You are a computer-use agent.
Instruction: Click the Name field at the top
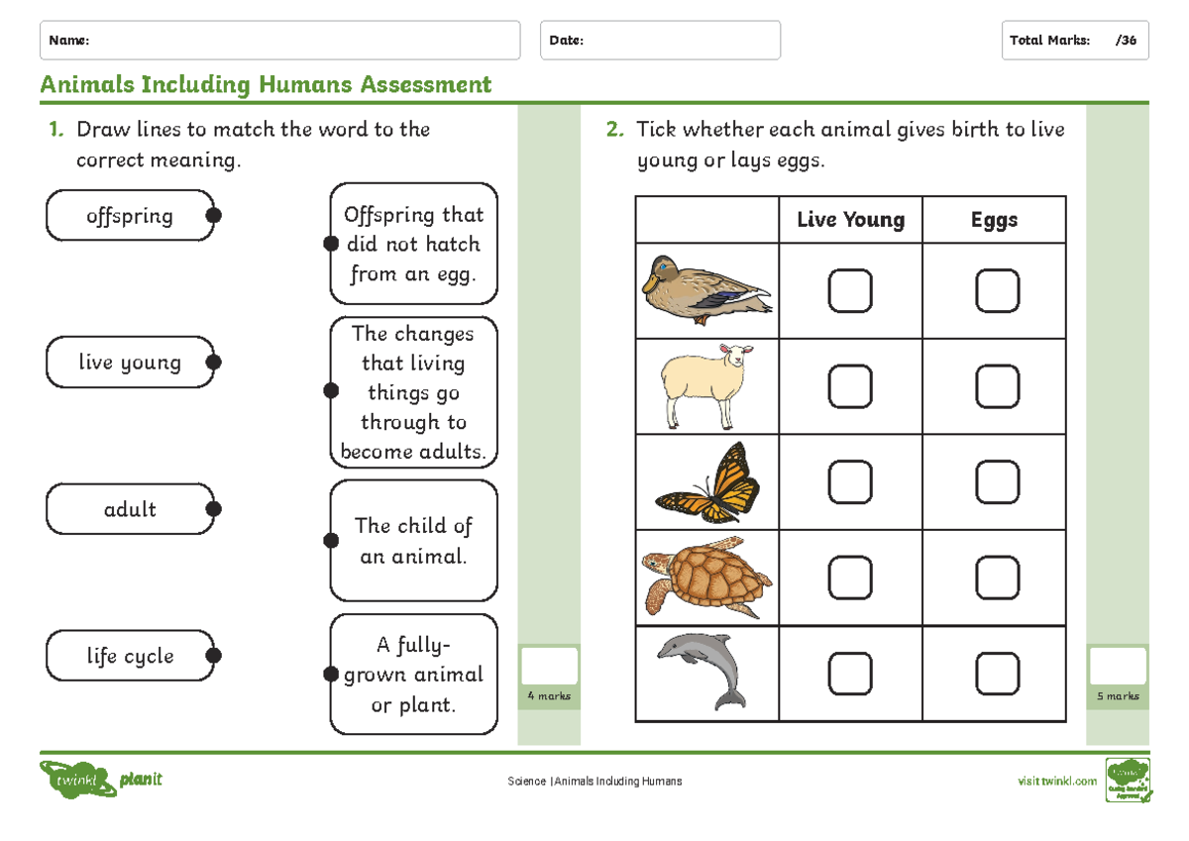coord(279,41)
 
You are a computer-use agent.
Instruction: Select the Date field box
coord(660,41)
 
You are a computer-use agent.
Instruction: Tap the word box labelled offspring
coord(130,216)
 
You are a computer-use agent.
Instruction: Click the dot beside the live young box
coord(213,363)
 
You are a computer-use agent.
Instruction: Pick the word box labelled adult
coord(130,510)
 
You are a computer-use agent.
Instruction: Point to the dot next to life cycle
coord(213,656)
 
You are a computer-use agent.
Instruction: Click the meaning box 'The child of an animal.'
coord(413,541)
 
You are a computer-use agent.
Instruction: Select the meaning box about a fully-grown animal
coord(413,675)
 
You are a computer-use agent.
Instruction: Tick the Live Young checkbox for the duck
coord(850,291)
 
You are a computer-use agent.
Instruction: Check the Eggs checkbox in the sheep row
coord(997,386)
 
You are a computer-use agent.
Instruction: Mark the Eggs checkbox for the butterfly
coord(997,482)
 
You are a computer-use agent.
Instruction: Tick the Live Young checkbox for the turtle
coord(850,578)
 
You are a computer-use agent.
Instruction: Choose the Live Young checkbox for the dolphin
coord(850,674)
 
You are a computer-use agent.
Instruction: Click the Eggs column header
coord(994,220)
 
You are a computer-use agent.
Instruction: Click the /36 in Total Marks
coord(1126,41)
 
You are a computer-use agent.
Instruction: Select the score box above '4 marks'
coord(549,667)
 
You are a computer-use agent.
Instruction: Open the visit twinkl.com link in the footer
coord(1057,781)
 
